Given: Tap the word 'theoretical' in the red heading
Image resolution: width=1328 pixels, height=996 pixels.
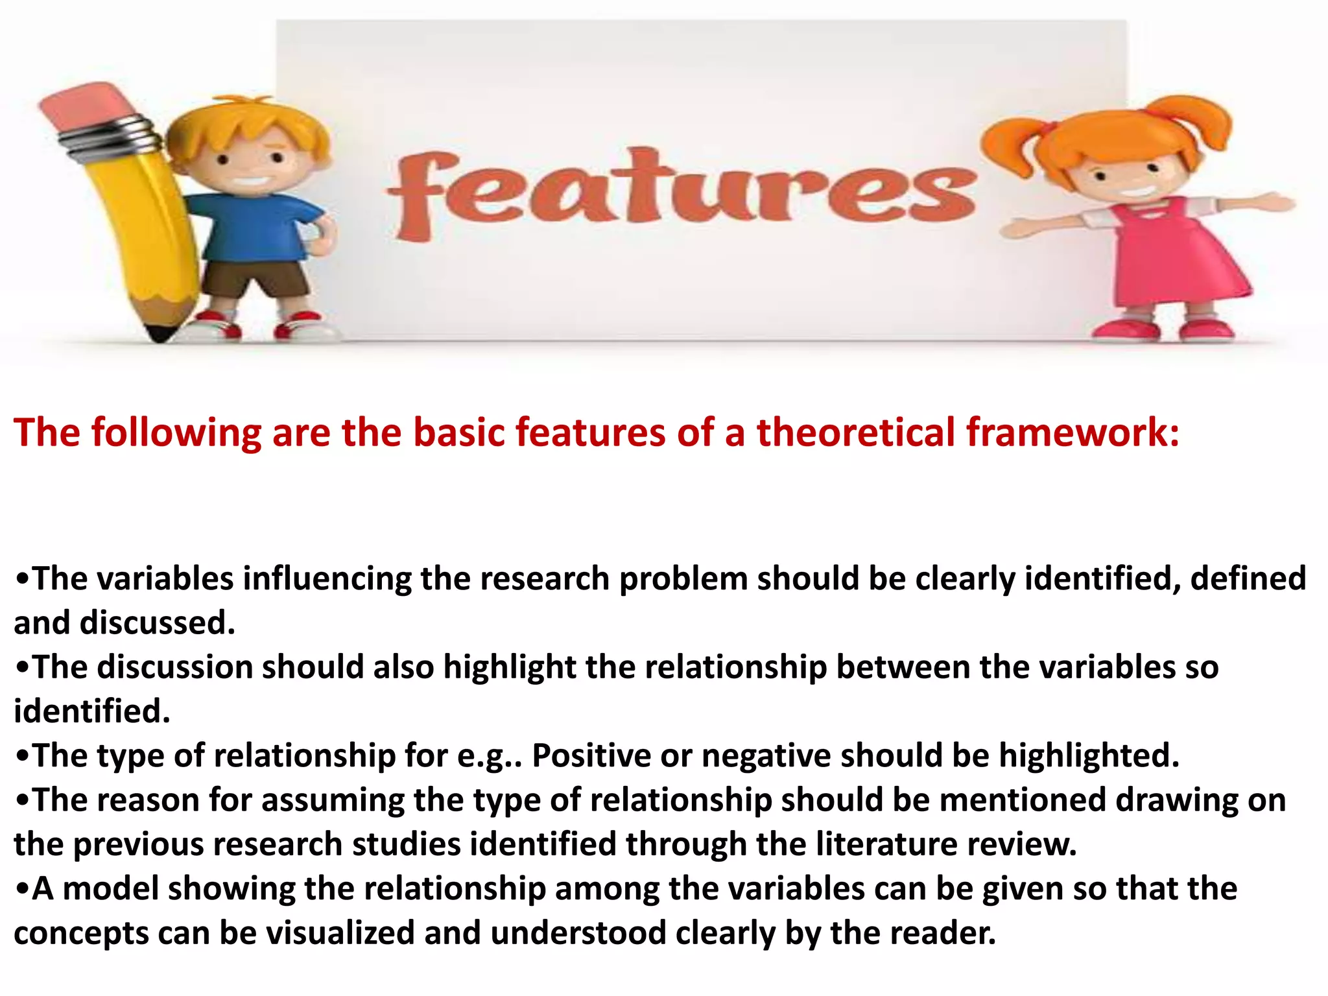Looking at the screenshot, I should tap(856, 433).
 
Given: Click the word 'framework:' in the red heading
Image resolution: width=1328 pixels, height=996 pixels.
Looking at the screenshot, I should tap(1073, 433).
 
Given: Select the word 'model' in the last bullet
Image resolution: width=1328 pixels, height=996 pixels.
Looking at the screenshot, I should tap(110, 888).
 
